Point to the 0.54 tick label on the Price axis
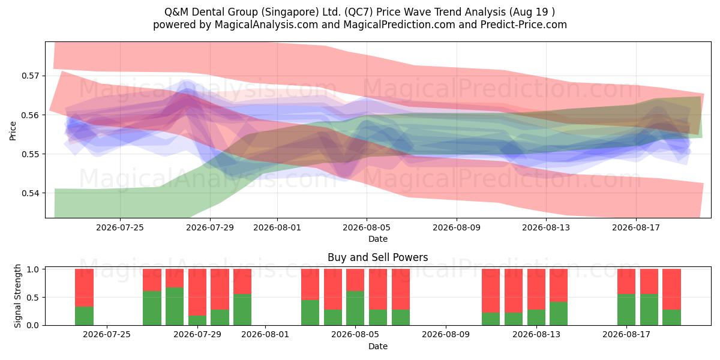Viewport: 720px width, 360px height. tap(30, 193)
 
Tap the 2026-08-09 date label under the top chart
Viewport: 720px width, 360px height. tap(457, 227)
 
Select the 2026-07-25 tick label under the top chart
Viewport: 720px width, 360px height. tap(120, 227)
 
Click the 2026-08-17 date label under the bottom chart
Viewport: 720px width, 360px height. tap(626, 334)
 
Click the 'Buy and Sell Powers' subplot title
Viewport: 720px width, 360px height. tap(377, 257)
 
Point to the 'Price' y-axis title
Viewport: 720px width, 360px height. tap(13, 131)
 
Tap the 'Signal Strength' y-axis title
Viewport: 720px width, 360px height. tap(17, 296)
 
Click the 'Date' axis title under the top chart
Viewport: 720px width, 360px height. tap(377, 239)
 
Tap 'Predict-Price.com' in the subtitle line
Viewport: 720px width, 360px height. tap(524, 25)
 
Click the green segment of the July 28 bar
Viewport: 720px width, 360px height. tap(175, 307)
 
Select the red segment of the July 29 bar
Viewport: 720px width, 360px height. tap(197, 292)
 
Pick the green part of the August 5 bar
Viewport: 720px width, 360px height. tap(355, 308)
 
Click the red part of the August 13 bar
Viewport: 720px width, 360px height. tap(536, 289)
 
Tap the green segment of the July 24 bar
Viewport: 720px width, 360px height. tap(84, 316)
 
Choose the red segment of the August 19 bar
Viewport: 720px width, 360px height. tap(672, 289)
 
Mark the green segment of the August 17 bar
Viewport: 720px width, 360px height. tap(626, 310)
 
